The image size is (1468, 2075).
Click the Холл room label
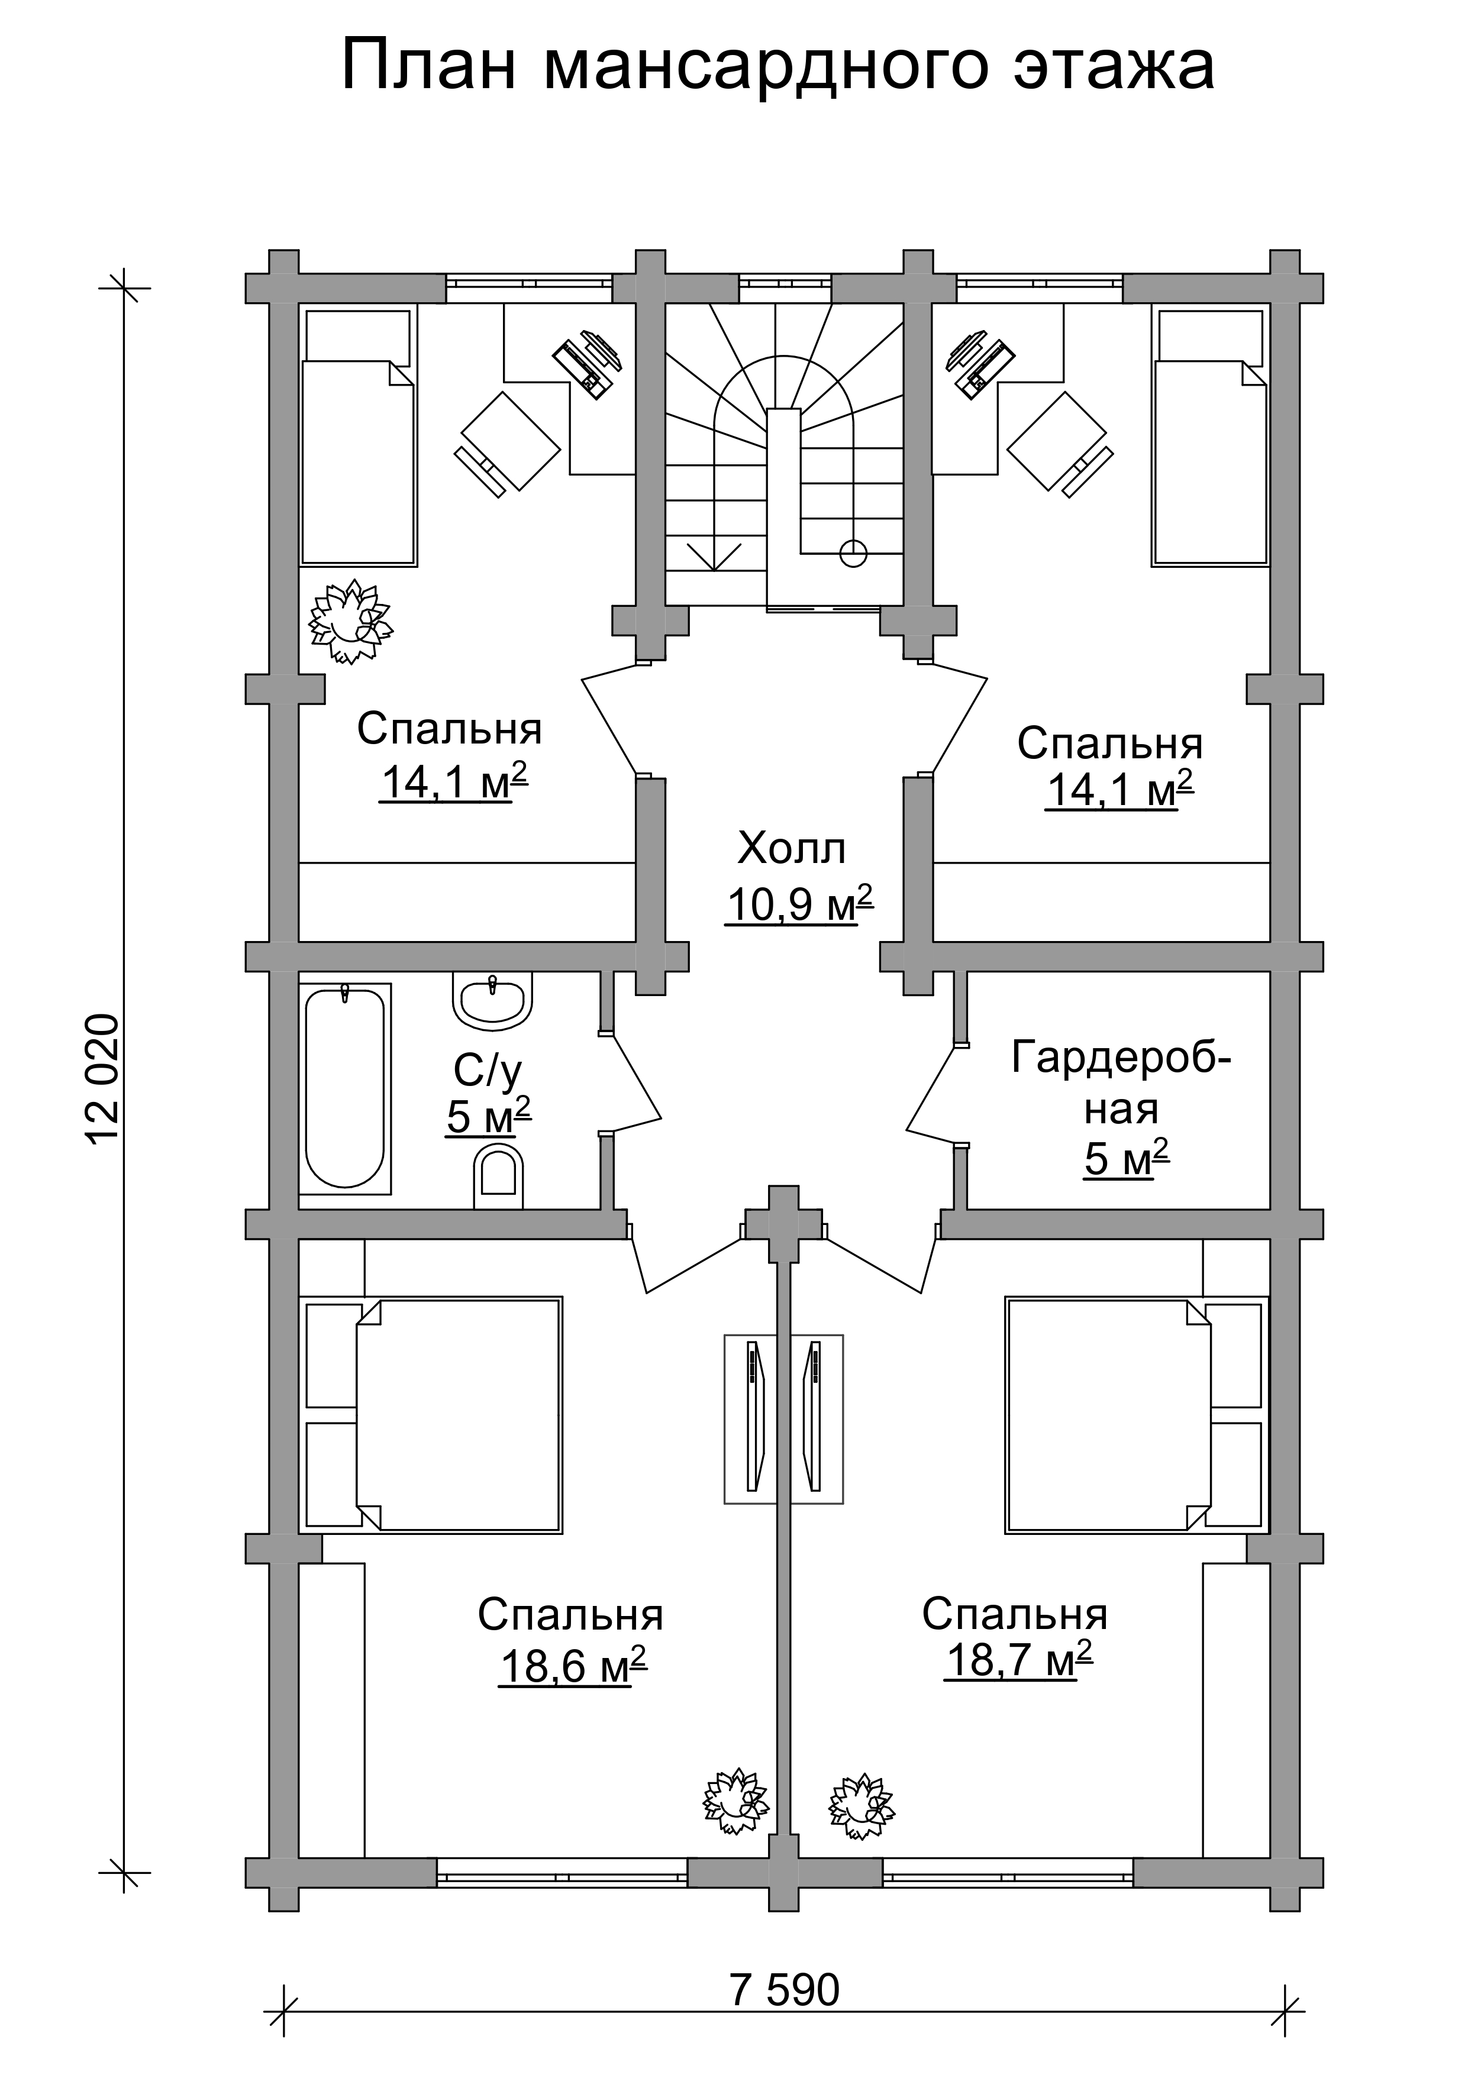click(x=791, y=849)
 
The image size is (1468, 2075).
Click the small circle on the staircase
click(x=853, y=552)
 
